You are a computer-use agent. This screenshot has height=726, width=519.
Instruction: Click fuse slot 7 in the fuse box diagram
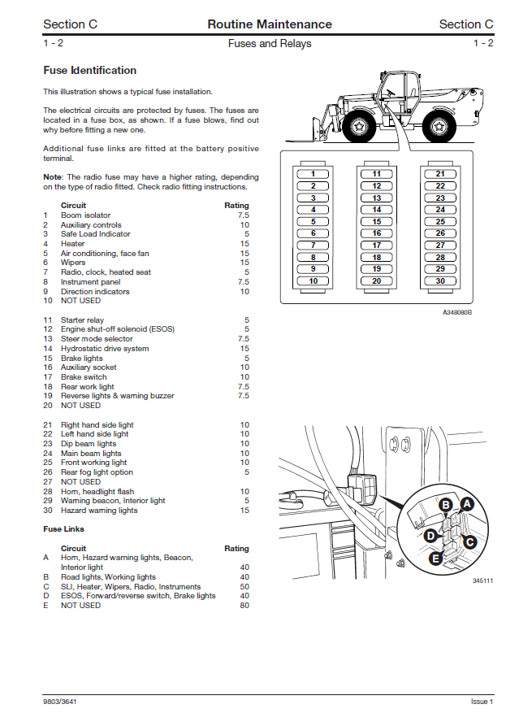coord(314,245)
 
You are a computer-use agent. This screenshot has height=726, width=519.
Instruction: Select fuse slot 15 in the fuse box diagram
coord(377,221)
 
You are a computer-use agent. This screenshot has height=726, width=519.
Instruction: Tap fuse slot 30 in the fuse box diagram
coord(440,280)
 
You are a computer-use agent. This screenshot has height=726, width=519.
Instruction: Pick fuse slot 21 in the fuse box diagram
coord(440,174)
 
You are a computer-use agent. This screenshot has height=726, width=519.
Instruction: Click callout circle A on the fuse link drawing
coord(466,504)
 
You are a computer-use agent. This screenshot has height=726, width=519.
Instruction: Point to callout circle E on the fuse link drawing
coord(436,559)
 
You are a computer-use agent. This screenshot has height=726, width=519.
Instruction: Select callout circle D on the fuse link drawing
coord(430,535)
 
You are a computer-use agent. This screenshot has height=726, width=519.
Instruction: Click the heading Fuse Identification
coord(89,71)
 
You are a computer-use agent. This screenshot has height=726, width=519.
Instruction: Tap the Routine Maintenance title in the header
coord(270,24)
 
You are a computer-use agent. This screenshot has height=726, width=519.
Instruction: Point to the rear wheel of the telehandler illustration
coord(436,126)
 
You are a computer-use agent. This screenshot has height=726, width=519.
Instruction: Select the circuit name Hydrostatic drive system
coord(105,349)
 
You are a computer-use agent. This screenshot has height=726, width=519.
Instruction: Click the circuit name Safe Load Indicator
coord(95,234)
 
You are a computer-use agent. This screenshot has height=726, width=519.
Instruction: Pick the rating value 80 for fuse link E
coord(244,606)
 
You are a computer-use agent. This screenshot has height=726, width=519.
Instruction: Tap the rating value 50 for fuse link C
coord(244,586)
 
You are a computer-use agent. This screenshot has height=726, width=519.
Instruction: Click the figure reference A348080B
coord(457,312)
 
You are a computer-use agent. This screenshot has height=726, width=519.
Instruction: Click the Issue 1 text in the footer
coord(482,701)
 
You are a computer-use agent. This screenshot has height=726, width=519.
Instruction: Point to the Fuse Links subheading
coord(63,529)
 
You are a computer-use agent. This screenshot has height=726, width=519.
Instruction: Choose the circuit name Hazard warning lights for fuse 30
coord(99,511)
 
